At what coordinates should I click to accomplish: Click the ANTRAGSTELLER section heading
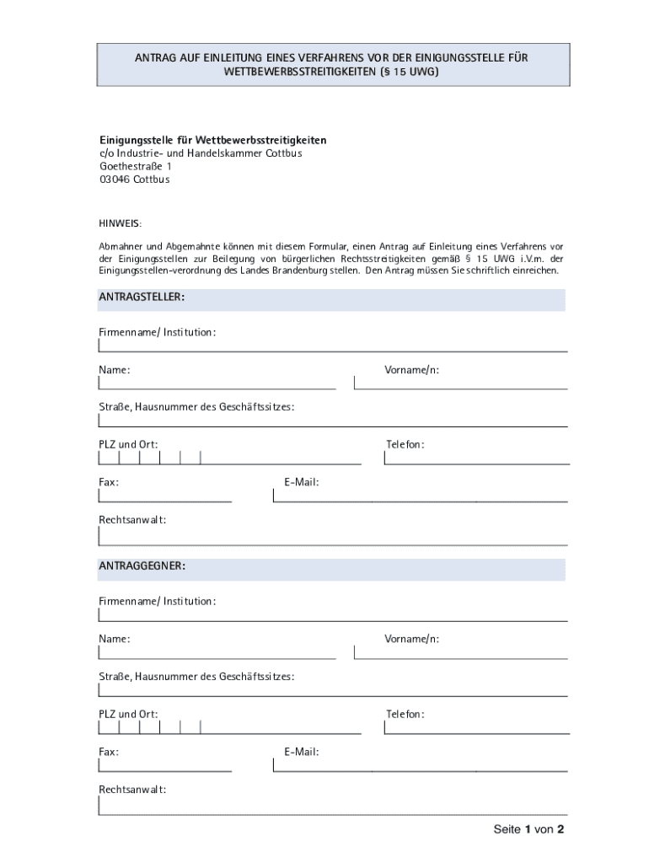(x=142, y=297)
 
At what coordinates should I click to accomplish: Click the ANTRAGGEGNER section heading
(x=142, y=566)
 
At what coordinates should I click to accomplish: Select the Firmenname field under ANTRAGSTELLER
(x=332, y=345)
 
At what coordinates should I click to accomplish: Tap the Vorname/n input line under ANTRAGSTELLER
(x=460, y=383)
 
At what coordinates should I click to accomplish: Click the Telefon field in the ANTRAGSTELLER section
(x=475, y=458)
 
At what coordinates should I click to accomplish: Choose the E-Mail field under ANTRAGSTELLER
(x=420, y=496)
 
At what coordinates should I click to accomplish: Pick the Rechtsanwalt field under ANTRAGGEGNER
(x=332, y=806)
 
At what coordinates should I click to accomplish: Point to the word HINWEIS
(x=121, y=222)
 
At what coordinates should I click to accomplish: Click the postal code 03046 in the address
(x=114, y=180)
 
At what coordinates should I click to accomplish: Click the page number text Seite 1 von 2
(x=528, y=829)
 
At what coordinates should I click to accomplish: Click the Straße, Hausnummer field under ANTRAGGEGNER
(x=332, y=690)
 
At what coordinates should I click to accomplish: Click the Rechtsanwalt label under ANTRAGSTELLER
(x=132, y=520)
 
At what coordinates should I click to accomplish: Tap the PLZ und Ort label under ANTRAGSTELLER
(x=128, y=444)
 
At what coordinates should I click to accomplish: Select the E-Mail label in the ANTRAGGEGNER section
(x=302, y=752)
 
